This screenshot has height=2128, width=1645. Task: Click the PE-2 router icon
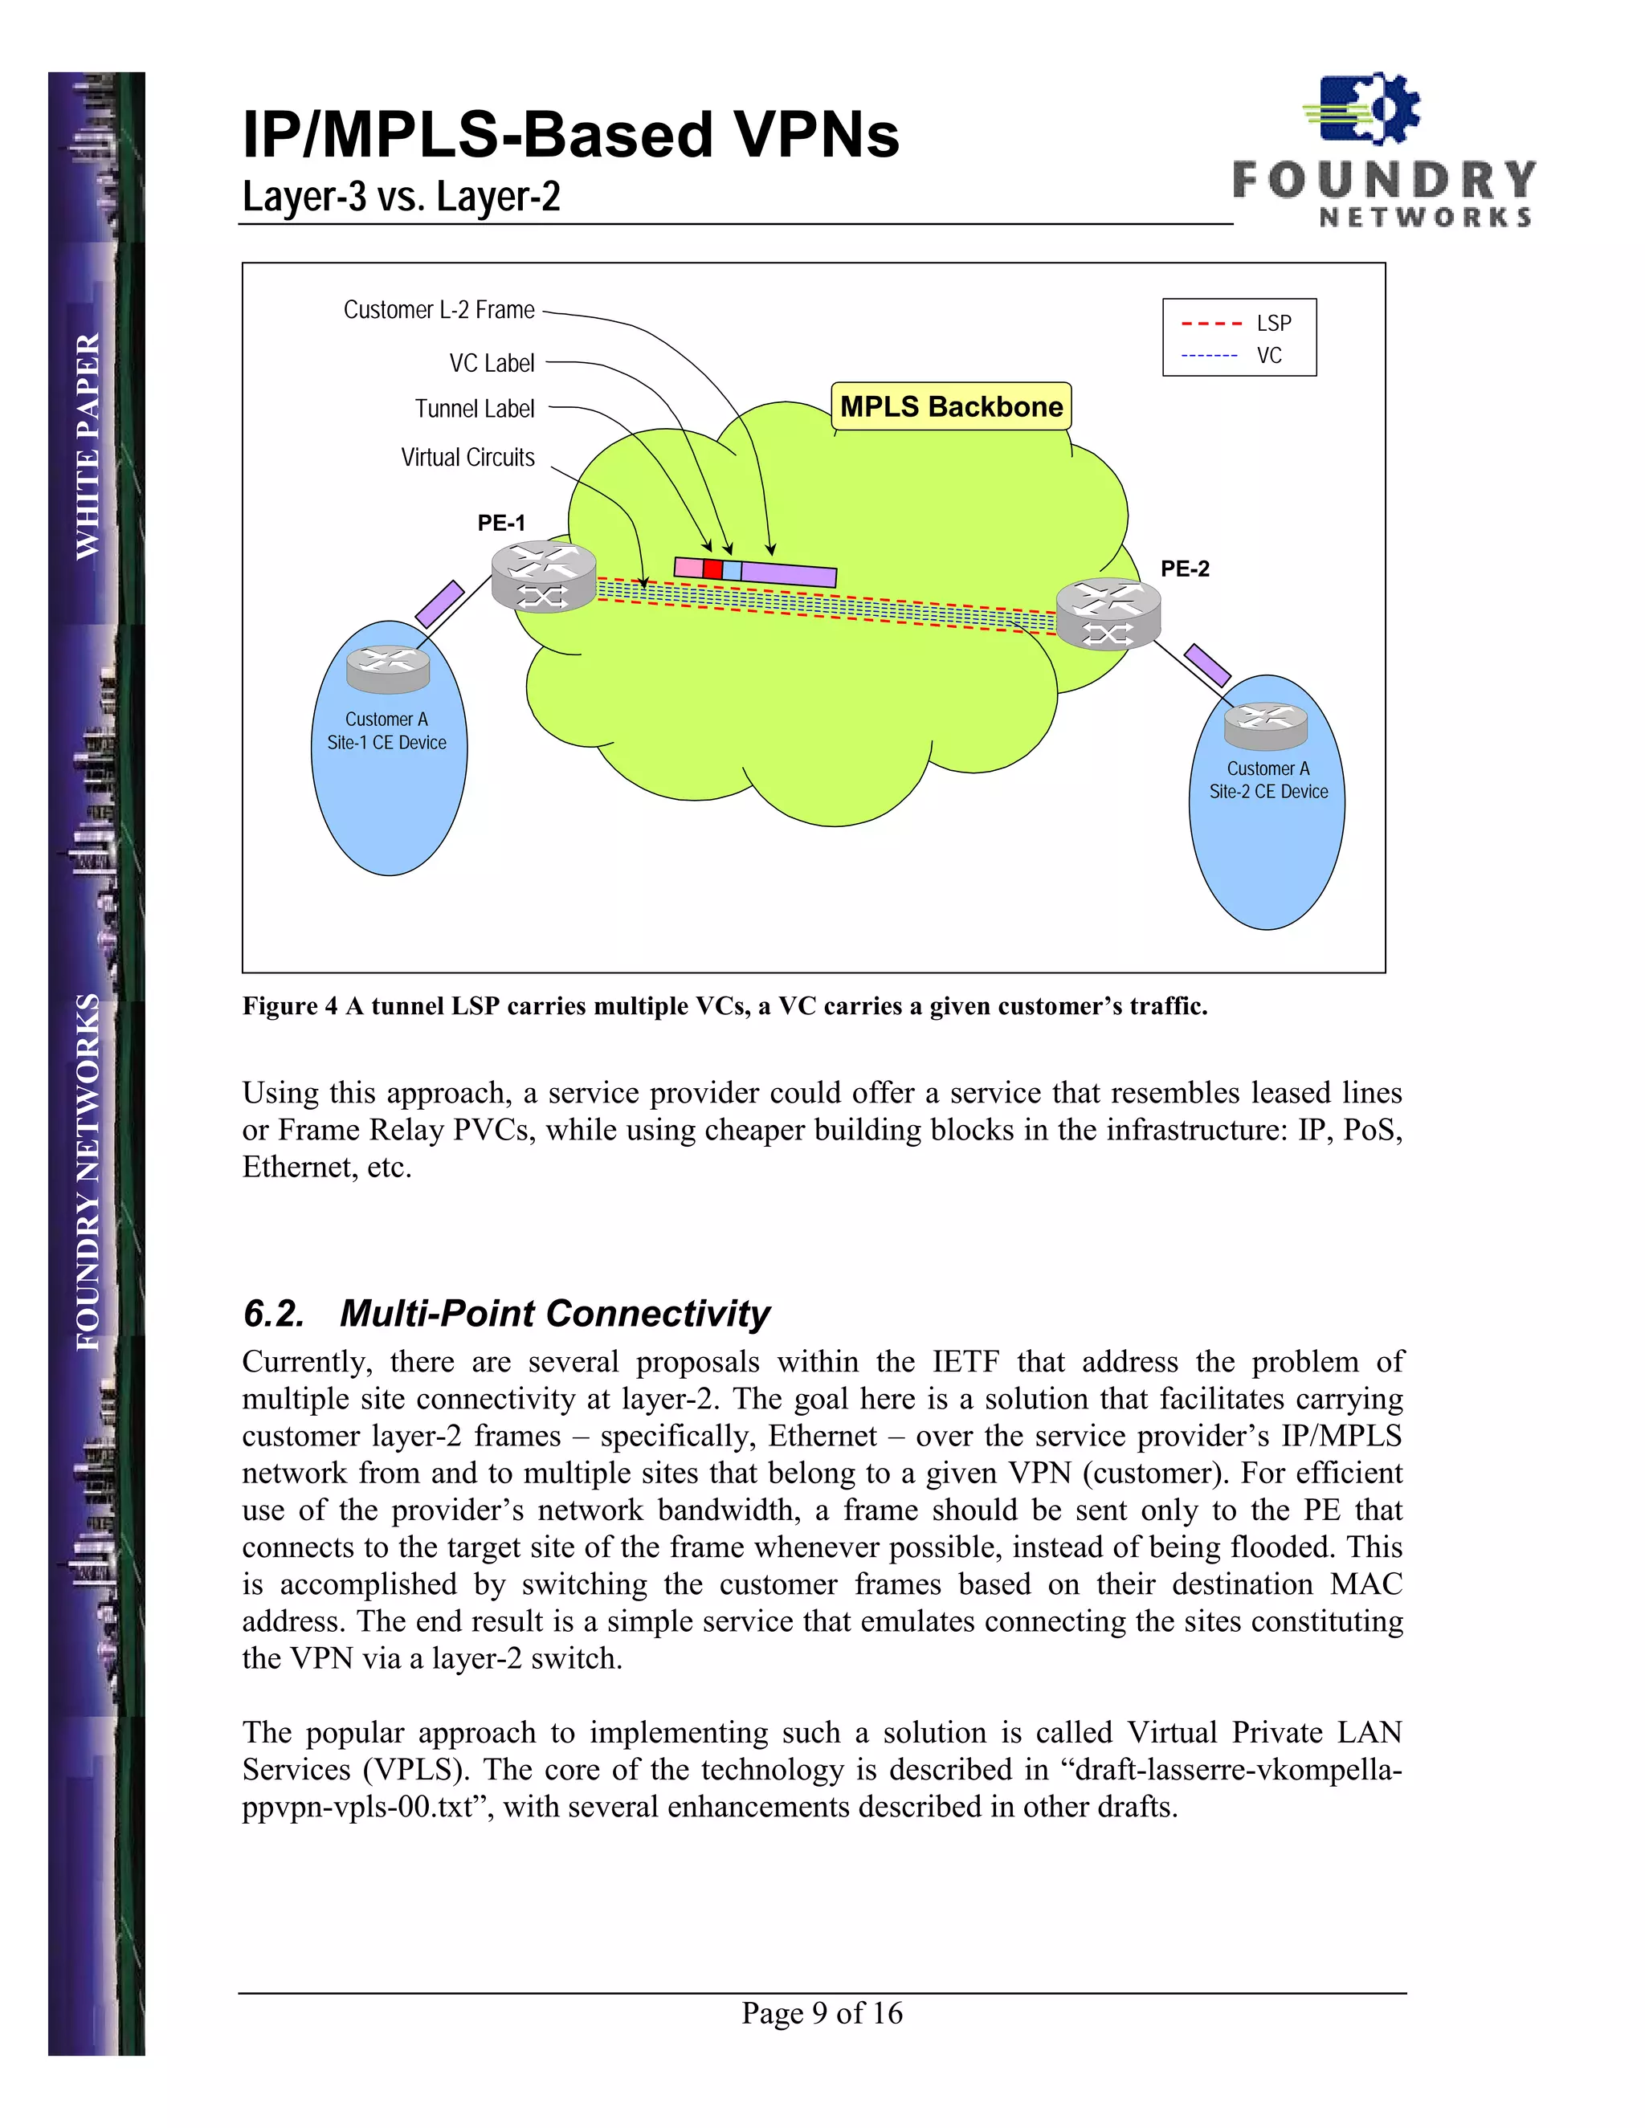tap(1108, 613)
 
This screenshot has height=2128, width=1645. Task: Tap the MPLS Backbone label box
tap(950, 406)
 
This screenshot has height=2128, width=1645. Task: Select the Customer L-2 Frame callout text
tap(439, 310)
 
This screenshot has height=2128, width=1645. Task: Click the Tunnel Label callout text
tap(475, 408)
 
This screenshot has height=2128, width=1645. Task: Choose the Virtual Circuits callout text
tap(467, 457)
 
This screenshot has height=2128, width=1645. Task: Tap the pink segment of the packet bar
tap(688, 567)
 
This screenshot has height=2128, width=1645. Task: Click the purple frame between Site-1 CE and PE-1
tap(439, 604)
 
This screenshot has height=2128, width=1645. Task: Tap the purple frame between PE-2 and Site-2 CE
tap(1207, 665)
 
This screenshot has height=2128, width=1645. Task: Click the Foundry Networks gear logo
tap(1363, 110)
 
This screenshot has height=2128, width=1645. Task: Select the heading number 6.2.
tap(274, 1314)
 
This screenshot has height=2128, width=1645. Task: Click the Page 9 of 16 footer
tap(822, 2012)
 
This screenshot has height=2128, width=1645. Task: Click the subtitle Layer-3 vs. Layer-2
tap(402, 197)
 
